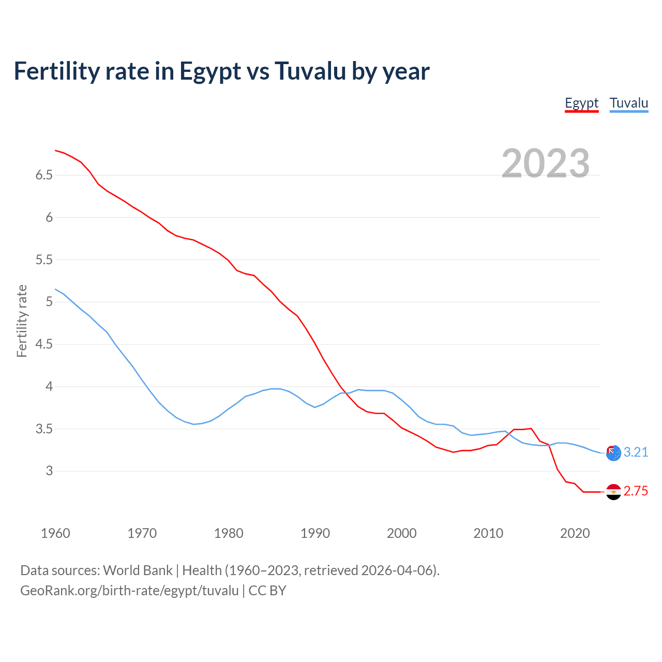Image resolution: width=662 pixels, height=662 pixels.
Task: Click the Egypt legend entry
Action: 581,103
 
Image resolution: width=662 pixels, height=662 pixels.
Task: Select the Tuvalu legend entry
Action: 628,103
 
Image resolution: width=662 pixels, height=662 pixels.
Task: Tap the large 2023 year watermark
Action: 545,163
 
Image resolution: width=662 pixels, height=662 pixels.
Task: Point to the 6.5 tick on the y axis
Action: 44,175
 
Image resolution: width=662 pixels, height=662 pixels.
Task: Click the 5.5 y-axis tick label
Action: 44,260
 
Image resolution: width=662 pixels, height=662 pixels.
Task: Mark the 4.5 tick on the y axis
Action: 44,344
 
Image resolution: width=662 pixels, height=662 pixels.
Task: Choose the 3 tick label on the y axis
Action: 49,471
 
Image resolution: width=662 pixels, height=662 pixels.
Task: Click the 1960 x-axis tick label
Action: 55,533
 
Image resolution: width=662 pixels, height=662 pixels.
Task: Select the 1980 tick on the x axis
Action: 229,533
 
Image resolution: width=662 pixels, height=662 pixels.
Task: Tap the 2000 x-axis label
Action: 401,533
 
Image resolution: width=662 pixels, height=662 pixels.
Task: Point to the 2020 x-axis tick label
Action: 575,533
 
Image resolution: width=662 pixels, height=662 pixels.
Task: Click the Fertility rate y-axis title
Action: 22,321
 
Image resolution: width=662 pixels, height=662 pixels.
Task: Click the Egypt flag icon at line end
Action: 613,492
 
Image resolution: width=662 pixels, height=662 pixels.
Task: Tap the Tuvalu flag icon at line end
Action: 613,453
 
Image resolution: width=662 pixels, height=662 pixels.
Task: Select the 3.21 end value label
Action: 636,453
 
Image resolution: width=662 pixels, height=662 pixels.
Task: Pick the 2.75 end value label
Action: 636,491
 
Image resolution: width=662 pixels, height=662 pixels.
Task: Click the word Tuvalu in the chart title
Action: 310,71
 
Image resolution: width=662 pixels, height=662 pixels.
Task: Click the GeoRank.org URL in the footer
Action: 129,591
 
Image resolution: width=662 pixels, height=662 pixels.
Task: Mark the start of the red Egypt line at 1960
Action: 55,151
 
